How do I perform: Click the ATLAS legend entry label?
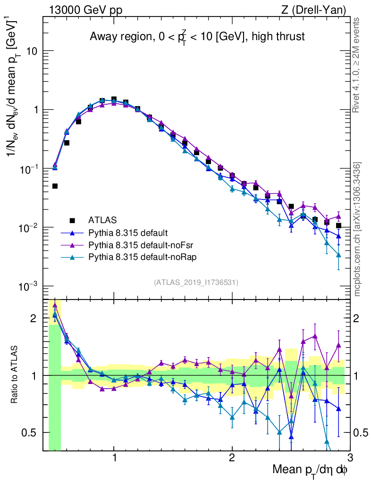[101, 220]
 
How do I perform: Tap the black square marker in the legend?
[72, 220]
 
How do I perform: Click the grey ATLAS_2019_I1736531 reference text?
[196, 283]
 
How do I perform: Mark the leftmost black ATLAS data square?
[55, 186]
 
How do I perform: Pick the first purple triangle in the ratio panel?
[55, 304]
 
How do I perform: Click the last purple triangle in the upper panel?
[338, 217]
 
